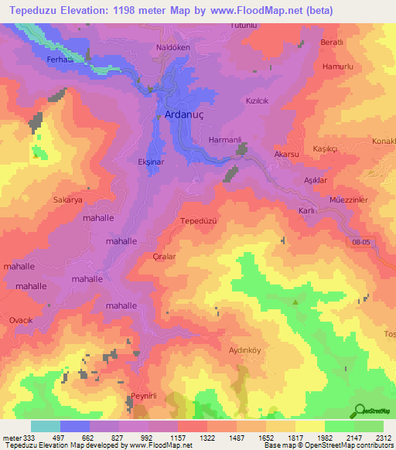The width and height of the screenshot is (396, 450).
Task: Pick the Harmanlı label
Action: coord(226,140)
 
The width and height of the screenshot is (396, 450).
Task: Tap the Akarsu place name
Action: coord(286,155)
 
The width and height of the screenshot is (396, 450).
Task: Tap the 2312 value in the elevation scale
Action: coord(384,438)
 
